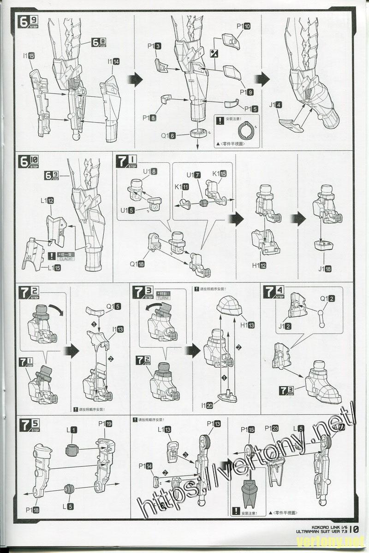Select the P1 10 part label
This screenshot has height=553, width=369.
click(244, 26)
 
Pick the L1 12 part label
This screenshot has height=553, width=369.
click(47, 201)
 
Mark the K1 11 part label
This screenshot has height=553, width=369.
click(182, 187)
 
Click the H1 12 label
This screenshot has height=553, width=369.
click(259, 265)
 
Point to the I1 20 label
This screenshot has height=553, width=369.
click(207, 406)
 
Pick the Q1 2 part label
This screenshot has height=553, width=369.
click(328, 298)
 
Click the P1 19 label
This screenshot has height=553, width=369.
click(105, 424)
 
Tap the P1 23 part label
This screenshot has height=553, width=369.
click(272, 428)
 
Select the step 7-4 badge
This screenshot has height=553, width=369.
click(273, 293)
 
